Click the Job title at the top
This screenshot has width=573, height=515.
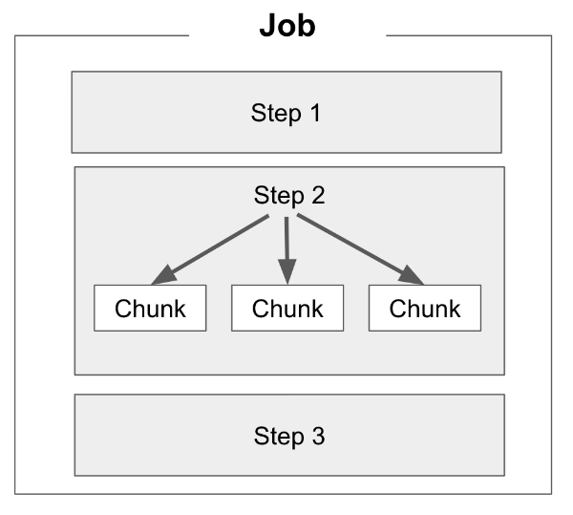click(287, 25)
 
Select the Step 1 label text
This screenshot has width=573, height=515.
click(286, 113)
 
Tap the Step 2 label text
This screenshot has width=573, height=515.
click(289, 196)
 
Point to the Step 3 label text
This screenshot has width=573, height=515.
click(289, 437)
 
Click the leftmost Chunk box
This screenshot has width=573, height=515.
click(150, 309)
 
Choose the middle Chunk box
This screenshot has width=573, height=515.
click(287, 309)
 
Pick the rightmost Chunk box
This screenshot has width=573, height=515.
click(425, 309)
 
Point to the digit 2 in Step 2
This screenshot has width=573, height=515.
click(318, 196)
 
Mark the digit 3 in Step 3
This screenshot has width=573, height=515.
click(318, 437)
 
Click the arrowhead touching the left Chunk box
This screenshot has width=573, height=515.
click(164, 275)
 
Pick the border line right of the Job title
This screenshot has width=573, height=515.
click(468, 35)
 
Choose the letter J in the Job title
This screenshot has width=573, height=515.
click(268, 25)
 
